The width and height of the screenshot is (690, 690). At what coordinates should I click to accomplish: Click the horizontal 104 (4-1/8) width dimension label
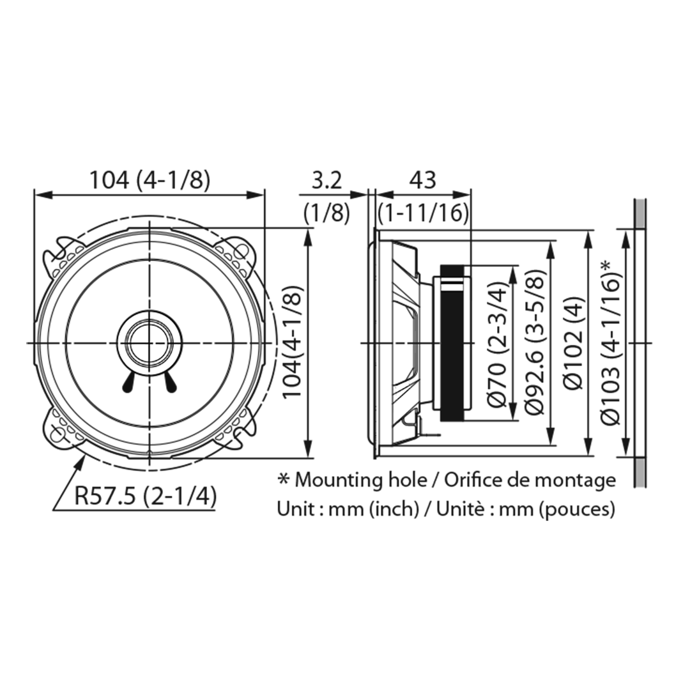150,180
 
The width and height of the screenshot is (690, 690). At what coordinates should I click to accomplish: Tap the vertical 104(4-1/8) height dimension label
292,342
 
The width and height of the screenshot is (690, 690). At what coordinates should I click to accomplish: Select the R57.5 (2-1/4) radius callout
145,497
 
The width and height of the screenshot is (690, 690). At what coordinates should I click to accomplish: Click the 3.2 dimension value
326,180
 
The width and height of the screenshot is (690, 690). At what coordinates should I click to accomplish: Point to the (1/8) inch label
326,213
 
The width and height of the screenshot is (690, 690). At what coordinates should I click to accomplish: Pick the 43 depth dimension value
422,180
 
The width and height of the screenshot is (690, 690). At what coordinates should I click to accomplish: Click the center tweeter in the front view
149,342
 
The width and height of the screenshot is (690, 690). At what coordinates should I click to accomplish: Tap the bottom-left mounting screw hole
57,434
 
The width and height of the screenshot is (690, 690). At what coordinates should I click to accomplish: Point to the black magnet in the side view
452,343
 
